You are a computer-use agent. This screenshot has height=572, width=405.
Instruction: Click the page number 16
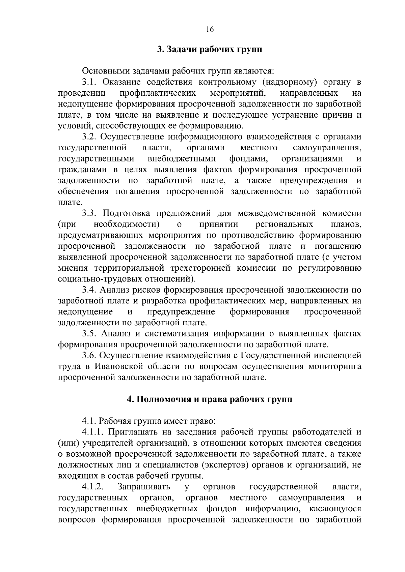click(210, 29)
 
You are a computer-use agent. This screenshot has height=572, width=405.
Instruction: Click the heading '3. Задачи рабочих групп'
click(210, 50)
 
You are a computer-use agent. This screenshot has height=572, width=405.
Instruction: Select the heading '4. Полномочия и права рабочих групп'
click(210, 399)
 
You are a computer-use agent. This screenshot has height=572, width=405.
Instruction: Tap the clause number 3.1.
click(90, 82)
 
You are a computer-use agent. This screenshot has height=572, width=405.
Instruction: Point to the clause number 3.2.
click(90, 137)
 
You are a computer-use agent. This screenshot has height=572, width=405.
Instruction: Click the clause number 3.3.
click(90, 213)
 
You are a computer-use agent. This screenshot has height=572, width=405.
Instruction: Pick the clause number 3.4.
click(90, 290)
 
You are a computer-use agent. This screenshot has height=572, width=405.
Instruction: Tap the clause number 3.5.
click(90, 334)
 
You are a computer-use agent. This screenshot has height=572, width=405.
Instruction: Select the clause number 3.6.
click(90, 355)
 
